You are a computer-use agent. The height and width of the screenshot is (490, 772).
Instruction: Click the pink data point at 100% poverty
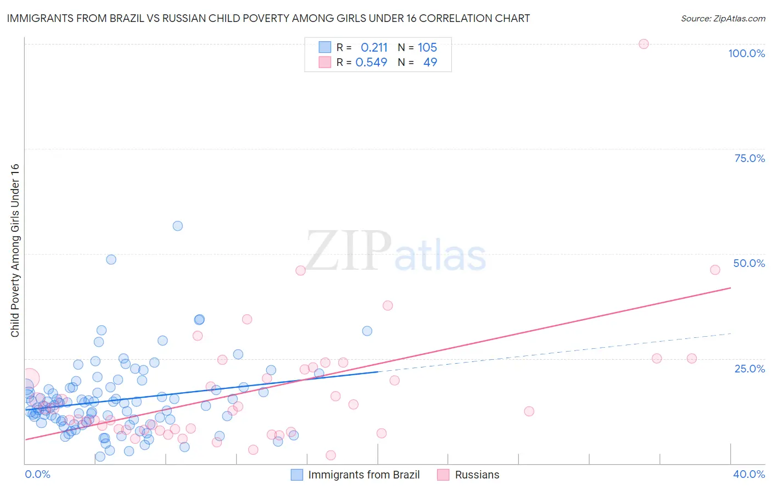pos(644,44)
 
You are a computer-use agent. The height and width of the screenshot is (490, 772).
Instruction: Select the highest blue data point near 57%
pos(177,226)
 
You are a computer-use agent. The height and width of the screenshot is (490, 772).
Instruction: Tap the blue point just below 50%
pos(111,259)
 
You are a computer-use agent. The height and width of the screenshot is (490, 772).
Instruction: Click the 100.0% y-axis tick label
pos(746,53)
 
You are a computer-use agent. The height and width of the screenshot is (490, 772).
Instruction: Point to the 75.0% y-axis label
pos(749,158)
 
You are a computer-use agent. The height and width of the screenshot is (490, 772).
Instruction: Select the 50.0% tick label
pos(749,263)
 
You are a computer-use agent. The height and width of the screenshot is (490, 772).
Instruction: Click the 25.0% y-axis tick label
pos(749,369)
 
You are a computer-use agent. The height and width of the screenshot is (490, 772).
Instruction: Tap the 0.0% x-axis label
pos(37,474)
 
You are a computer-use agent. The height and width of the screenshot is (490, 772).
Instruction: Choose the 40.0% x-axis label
pos(749,474)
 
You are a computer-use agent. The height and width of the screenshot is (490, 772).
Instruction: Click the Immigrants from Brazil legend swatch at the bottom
pos(297,475)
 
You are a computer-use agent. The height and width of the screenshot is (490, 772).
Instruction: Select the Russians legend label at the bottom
pos(477,475)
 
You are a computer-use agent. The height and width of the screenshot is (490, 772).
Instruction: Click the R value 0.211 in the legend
pos(374,48)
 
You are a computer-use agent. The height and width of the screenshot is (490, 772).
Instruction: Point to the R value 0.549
pos(371,63)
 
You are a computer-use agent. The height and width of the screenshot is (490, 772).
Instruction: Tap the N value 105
pos(427,48)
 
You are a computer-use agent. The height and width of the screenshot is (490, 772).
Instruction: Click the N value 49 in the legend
pos(430,63)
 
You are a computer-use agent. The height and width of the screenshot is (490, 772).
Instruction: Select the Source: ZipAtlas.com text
pos(723,19)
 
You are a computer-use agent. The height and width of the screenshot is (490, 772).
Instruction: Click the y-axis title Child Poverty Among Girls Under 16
pos(15,250)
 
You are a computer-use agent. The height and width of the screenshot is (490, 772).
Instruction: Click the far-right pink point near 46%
pos(715,270)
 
